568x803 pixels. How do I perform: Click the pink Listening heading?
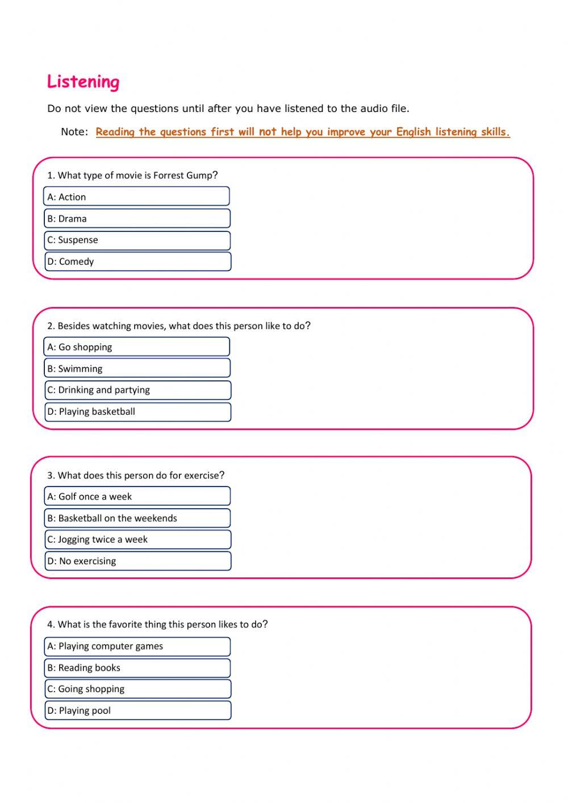[x=83, y=82]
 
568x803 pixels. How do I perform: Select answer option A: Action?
[x=137, y=197]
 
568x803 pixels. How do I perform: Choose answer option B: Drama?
[x=137, y=218]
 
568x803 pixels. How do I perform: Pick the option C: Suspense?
[x=137, y=240]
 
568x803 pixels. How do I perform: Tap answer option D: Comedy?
[x=137, y=261]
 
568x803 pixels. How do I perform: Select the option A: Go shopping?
[x=137, y=347]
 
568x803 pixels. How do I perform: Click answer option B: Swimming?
[x=137, y=368]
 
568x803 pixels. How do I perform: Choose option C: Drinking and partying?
[x=137, y=390]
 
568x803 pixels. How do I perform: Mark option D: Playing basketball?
[x=137, y=411]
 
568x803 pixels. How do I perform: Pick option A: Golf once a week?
[x=137, y=496]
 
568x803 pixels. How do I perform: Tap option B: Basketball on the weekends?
[x=137, y=518]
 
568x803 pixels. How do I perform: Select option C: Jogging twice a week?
[x=137, y=539]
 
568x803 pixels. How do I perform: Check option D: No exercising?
[x=137, y=561]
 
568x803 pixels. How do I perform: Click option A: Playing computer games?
[x=137, y=646]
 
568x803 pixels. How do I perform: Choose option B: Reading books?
[x=137, y=668]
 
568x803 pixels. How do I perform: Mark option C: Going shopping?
[x=137, y=689]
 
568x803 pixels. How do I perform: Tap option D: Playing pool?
[x=137, y=710]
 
